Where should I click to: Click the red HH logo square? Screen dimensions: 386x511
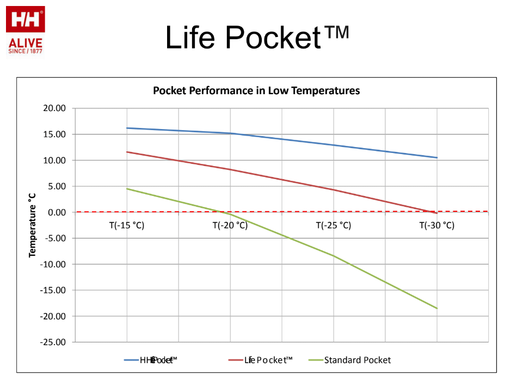click(x=25, y=20)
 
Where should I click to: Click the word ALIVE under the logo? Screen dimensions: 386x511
click(x=25, y=43)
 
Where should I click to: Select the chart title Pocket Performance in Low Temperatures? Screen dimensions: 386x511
click(x=256, y=91)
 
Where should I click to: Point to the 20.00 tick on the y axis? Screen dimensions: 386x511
click(x=54, y=108)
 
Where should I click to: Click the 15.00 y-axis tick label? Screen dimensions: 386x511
click(x=54, y=134)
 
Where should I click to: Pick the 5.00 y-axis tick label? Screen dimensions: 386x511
click(x=57, y=186)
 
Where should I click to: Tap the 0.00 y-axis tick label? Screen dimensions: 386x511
click(x=57, y=212)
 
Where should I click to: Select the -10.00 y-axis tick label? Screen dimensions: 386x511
click(x=53, y=264)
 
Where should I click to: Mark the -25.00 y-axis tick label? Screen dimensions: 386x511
click(x=53, y=342)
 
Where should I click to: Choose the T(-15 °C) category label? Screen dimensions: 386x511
click(x=127, y=225)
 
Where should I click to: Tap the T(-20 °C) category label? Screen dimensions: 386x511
click(x=230, y=225)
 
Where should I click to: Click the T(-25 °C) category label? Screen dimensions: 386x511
click(x=334, y=225)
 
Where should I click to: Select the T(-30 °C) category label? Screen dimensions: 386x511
click(x=437, y=225)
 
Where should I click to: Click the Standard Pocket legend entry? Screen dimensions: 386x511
click(x=357, y=360)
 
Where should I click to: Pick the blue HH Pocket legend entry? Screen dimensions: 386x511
click(x=158, y=360)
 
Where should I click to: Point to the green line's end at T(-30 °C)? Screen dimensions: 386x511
click(x=437, y=308)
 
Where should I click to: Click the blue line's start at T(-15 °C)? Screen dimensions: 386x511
click(x=127, y=128)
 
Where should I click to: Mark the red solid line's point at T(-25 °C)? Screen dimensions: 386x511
click(x=334, y=189)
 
